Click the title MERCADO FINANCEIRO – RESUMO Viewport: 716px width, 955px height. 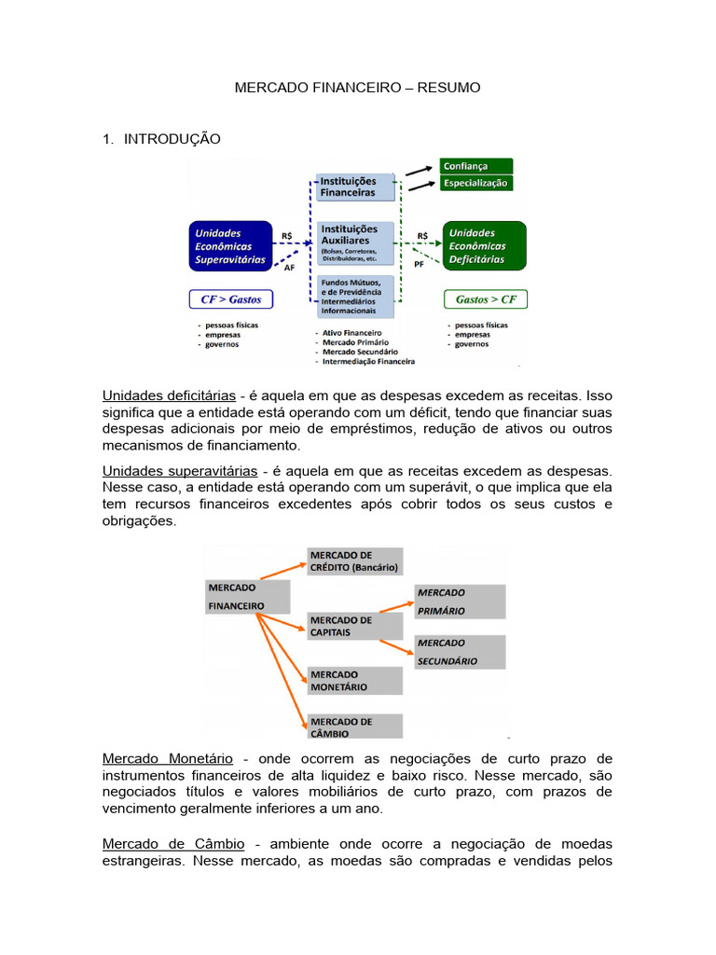(357, 88)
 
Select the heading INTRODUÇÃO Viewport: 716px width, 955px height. (172, 139)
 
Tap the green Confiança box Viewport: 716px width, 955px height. (475, 166)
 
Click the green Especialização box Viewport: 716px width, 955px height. (475, 183)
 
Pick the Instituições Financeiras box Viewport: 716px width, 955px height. (354, 187)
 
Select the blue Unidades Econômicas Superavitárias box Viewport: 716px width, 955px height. (230, 246)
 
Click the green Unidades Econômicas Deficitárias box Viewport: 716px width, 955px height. (484, 246)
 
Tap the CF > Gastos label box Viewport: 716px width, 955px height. (231, 299)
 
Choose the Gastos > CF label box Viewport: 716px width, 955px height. (486, 299)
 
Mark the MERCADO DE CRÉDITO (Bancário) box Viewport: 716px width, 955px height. (354, 561)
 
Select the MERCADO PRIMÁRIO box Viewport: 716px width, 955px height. (460, 602)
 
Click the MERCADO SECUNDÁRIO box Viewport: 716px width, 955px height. (460, 652)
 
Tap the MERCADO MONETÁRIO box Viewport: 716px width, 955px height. (354, 681)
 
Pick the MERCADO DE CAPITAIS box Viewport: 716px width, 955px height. (354, 626)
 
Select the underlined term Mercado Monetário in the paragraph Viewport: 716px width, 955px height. (168, 759)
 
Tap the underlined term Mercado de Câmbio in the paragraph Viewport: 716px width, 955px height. (173, 843)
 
